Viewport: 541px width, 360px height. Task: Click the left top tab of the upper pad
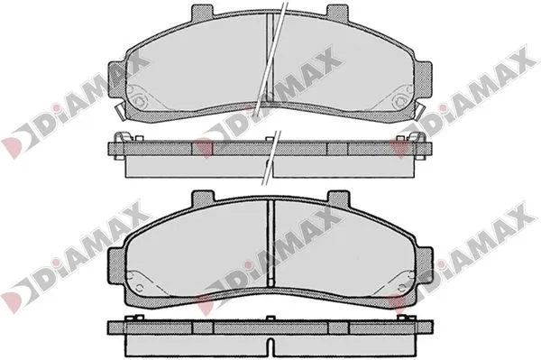[202, 12]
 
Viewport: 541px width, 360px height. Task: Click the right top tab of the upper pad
[338, 12]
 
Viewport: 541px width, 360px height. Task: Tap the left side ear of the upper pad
[117, 80]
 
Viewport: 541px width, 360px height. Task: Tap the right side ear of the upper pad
[423, 80]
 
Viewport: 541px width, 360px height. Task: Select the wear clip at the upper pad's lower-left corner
[119, 111]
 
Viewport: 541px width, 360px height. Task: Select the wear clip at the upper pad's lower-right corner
[421, 111]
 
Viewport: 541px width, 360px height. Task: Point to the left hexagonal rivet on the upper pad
[140, 101]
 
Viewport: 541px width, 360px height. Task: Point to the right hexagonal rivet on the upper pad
[400, 101]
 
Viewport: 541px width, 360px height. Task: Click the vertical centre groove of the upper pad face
[270, 59]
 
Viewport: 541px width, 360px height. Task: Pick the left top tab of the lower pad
[203, 198]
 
